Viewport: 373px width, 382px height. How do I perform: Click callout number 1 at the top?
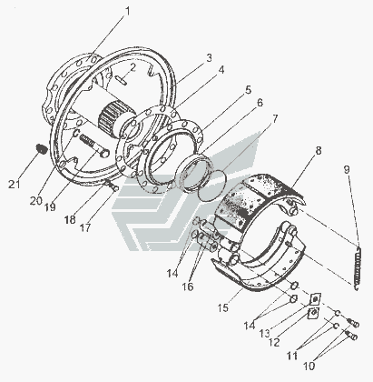click(x=127, y=12)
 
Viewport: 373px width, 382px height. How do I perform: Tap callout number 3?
click(x=209, y=58)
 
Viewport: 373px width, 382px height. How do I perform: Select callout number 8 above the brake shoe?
click(x=319, y=150)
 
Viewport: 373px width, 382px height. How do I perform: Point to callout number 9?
click(x=347, y=169)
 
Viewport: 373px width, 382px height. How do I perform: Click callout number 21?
click(x=15, y=184)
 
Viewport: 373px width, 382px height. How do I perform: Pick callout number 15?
click(x=223, y=307)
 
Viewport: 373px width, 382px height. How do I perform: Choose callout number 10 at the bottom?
click(x=309, y=366)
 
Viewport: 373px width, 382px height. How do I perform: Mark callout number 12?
click(x=274, y=343)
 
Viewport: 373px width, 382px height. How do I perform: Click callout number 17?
click(x=85, y=227)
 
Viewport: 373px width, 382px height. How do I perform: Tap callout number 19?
click(x=50, y=207)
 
